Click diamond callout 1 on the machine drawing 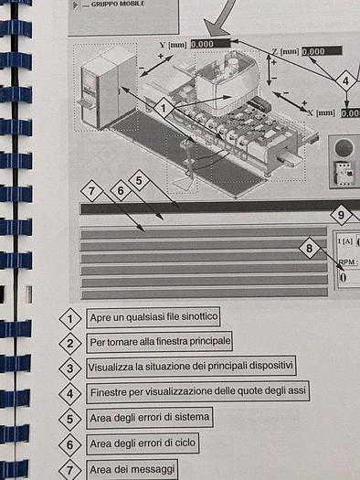pyautogui.click(x=162, y=107)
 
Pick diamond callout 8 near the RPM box pyautogui.click(x=311, y=248)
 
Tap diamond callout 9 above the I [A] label pyautogui.click(x=341, y=217)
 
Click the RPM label pyautogui.click(x=348, y=261)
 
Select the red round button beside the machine pyautogui.click(x=347, y=148)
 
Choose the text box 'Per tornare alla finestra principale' pyautogui.click(x=160, y=342)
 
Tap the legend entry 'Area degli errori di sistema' pyautogui.click(x=151, y=418)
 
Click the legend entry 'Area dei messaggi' pyautogui.click(x=130, y=469)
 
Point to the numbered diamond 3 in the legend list pyautogui.click(x=70, y=368)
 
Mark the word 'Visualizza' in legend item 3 pyautogui.click(x=111, y=368)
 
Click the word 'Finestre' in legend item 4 pyautogui.click(x=110, y=392)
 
